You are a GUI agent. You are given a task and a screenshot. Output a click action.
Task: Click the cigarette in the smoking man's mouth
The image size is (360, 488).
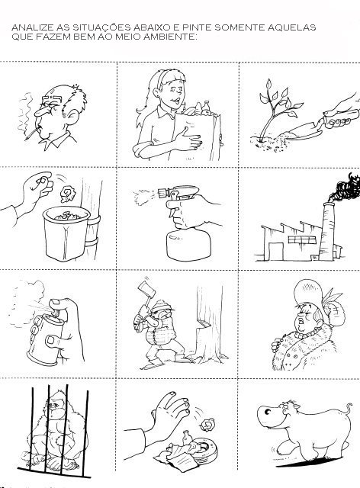(x=32, y=134)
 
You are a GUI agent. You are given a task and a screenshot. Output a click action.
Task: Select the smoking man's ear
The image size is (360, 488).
(x=72, y=117)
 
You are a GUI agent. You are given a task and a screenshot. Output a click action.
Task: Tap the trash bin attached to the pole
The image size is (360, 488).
(x=66, y=233)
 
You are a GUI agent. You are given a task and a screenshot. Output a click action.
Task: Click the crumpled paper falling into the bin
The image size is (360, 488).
(x=68, y=194)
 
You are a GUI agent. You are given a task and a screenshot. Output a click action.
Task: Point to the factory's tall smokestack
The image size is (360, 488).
(x=327, y=231)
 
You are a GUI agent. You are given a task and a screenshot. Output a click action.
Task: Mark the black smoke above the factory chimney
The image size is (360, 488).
(x=346, y=188)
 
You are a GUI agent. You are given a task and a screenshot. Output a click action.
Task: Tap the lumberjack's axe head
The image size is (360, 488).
(x=146, y=291)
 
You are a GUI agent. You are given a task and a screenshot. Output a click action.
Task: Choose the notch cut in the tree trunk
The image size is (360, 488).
(x=202, y=323)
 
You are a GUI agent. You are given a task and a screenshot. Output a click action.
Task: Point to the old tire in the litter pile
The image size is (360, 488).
(x=204, y=448)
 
